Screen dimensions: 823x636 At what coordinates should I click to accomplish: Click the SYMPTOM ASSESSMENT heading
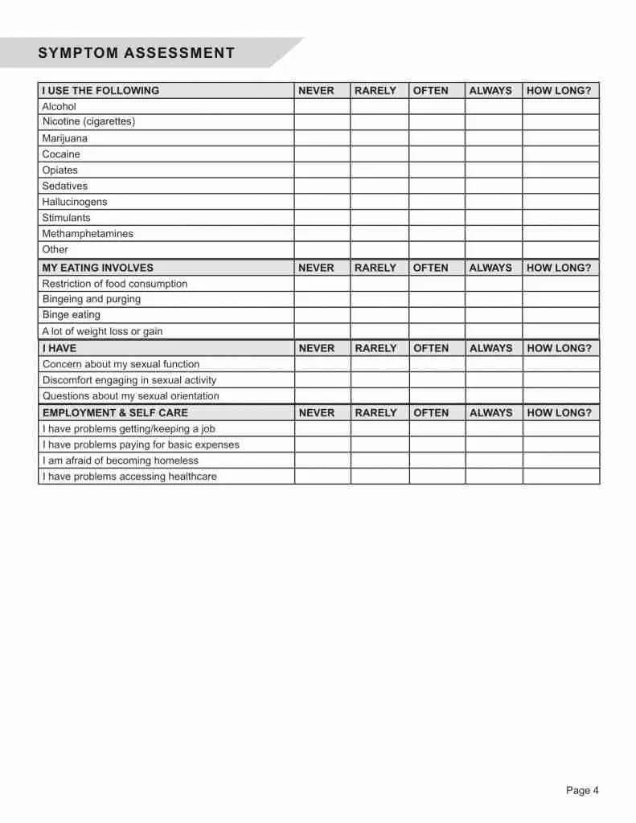[x=136, y=53]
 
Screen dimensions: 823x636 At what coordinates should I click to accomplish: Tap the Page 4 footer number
[x=582, y=790]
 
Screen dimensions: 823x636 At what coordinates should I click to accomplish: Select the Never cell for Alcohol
[x=322, y=106]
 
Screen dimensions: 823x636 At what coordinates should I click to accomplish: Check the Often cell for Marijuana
[x=437, y=138]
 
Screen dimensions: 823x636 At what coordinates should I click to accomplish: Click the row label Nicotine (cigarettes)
[x=88, y=121]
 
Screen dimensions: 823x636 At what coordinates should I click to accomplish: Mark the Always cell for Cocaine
[x=493, y=154]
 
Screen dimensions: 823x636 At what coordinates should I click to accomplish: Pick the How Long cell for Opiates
[x=560, y=170]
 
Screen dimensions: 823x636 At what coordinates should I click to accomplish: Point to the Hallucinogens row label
[x=74, y=202]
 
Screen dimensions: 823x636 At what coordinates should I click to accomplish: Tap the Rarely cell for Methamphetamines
[x=379, y=234]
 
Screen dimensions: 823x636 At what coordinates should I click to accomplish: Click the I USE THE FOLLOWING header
[x=101, y=91]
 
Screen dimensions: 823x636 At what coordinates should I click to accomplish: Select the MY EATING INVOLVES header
[x=97, y=268]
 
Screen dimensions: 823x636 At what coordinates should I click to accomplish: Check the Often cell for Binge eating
[x=437, y=315]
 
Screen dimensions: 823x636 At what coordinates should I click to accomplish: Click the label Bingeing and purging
[x=91, y=299]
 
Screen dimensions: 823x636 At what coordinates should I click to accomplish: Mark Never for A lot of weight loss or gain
[x=322, y=331]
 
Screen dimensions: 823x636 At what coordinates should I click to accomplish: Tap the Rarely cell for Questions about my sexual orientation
[x=379, y=396]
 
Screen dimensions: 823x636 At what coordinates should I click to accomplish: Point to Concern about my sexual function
[x=121, y=364]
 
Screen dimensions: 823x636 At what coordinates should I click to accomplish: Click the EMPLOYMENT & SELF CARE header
[x=115, y=412]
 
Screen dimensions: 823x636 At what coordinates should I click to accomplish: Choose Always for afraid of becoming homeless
[x=493, y=461]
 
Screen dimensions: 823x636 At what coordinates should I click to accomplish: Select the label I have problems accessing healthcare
[x=129, y=477]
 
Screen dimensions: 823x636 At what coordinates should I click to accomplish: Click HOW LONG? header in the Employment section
[x=559, y=412]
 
